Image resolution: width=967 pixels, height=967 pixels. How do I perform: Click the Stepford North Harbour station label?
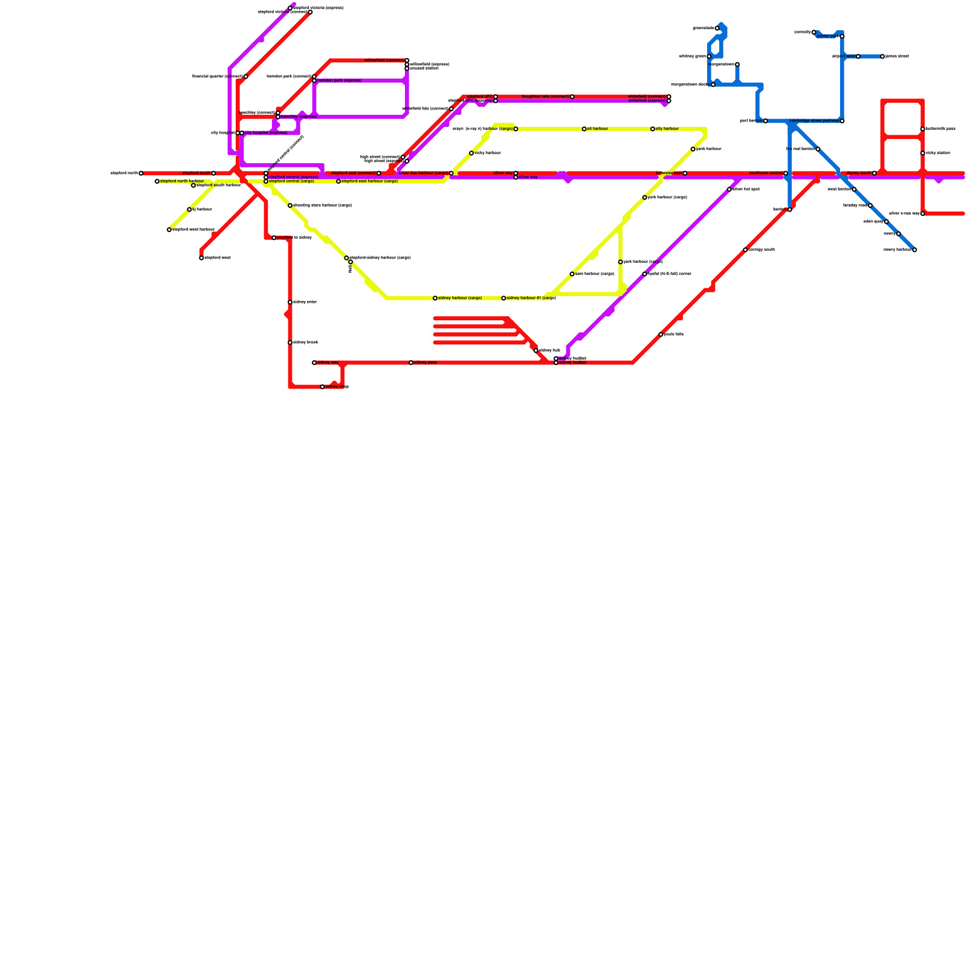(x=182, y=181)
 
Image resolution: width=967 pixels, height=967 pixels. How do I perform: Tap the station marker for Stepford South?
(x=213, y=173)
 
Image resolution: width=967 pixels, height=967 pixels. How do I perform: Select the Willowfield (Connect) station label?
(x=384, y=60)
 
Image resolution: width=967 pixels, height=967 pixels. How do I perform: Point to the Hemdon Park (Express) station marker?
(x=314, y=80)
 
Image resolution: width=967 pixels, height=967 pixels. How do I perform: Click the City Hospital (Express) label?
(x=266, y=133)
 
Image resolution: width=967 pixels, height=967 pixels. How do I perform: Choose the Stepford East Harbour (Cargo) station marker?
(x=338, y=181)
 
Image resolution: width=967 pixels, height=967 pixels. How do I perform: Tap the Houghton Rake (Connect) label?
(x=545, y=97)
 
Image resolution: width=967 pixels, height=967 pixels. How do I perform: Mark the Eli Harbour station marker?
(x=584, y=129)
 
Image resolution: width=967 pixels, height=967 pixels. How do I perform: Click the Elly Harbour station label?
(x=667, y=129)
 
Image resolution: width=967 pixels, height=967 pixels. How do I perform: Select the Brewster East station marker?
(x=685, y=173)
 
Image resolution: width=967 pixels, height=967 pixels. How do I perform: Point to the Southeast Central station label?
(x=766, y=173)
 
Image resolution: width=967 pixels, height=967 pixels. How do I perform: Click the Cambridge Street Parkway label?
(x=813, y=121)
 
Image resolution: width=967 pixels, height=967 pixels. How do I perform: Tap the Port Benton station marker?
(x=766, y=121)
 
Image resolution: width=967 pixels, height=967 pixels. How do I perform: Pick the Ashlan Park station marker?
(x=842, y=36)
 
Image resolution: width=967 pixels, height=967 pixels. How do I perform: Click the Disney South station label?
(x=858, y=173)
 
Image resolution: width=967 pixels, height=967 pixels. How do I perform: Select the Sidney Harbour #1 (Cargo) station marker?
(x=503, y=299)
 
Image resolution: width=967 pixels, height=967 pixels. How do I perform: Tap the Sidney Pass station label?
(x=425, y=363)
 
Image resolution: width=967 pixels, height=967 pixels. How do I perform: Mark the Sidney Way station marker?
(x=314, y=363)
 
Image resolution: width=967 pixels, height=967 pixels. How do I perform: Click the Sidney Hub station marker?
(x=536, y=351)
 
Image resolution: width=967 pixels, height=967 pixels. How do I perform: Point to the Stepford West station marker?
(x=201, y=258)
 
